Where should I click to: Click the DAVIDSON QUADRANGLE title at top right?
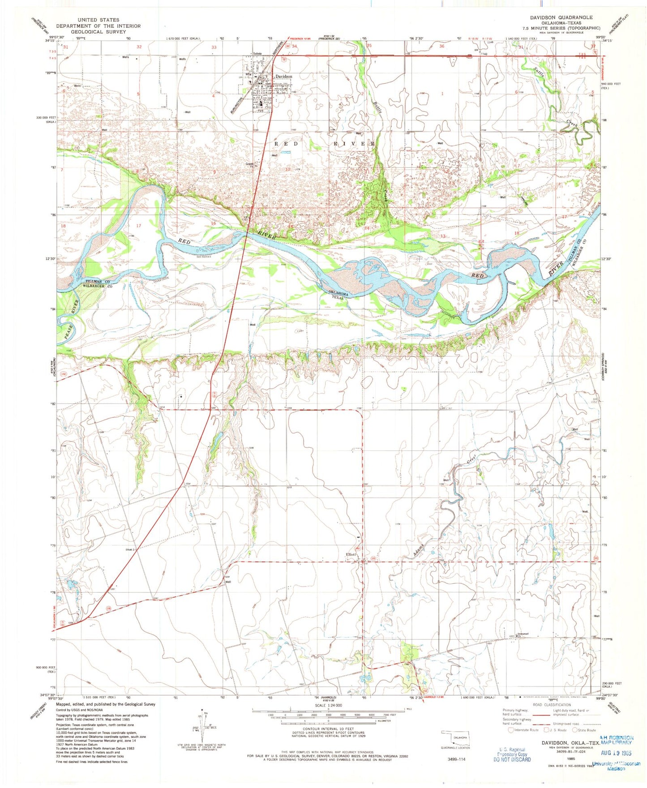pyautogui.click(x=561, y=17)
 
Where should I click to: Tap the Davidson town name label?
pyautogui.click(x=283, y=77)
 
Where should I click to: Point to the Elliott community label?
pyautogui.click(x=351, y=554)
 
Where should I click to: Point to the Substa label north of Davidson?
pyautogui.click(x=257, y=54)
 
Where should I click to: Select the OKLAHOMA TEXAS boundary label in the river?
pyautogui.click(x=338, y=295)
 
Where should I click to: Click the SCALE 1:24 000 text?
pyautogui.click(x=329, y=705)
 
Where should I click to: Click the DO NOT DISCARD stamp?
pyautogui.click(x=512, y=759)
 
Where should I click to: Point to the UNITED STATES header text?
pyautogui.click(x=98, y=20)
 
